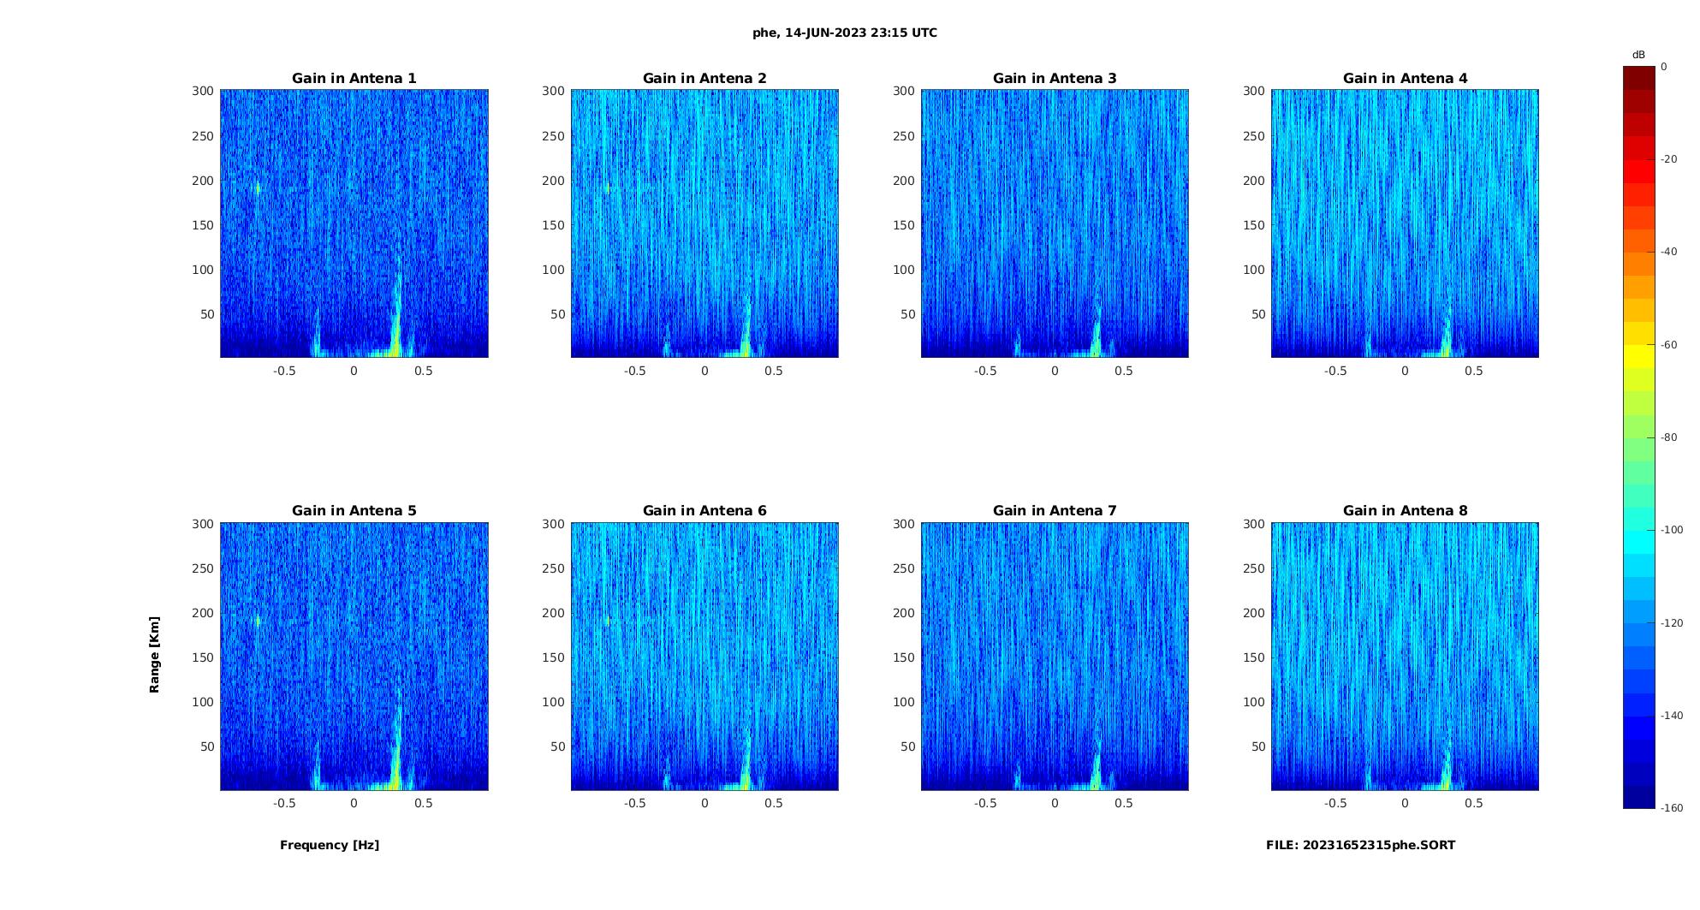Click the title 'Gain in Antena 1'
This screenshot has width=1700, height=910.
pos(354,79)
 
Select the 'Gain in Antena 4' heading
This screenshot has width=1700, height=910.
pos(1405,79)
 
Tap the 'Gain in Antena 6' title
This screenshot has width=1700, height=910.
pos(704,511)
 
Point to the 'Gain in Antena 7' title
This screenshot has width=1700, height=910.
pos(1055,511)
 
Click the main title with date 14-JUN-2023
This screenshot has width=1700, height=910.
pos(845,33)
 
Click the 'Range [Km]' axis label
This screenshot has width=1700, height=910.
pos(154,654)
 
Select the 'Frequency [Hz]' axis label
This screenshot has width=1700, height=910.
pos(330,845)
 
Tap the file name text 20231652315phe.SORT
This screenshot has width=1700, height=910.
pos(1360,845)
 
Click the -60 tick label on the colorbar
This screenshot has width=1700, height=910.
pos(1668,345)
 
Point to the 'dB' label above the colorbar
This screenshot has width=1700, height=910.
pos(1638,55)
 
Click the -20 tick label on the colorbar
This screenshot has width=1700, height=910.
pos(1668,159)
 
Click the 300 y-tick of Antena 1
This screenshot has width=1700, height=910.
pos(203,91)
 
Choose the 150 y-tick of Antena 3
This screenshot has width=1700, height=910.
pos(904,225)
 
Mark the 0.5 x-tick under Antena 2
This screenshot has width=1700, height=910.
pos(774,371)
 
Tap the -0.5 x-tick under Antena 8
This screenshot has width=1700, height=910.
pos(1335,803)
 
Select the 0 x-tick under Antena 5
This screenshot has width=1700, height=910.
pos(354,803)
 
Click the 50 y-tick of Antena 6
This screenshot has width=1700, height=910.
pos(558,746)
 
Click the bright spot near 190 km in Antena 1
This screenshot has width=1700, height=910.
pos(257,188)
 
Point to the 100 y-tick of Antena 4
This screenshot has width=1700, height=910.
pos(1254,270)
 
